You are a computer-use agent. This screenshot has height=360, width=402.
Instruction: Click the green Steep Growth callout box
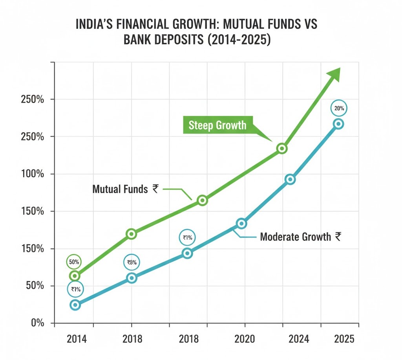click(x=218, y=125)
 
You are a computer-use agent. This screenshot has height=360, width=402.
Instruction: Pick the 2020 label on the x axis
click(x=245, y=338)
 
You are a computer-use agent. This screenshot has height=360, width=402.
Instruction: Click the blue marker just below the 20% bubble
click(x=338, y=124)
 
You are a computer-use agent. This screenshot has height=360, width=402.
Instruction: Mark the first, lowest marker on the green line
click(x=75, y=276)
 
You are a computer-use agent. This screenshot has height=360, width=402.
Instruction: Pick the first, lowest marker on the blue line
click(x=75, y=305)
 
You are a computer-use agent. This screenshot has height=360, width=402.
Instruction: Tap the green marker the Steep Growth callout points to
click(x=281, y=149)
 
